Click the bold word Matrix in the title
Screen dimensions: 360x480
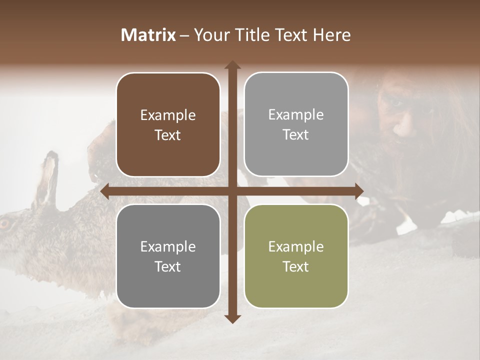(148, 35)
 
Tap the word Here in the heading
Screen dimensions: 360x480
(331, 35)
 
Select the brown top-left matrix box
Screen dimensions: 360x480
(168, 124)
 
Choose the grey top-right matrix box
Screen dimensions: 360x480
(296, 124)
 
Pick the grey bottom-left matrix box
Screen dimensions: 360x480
(168, 256)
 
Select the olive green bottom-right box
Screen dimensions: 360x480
(296, 256)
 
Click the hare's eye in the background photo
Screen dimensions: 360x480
(5, 224)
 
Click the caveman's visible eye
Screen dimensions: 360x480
(396, 102)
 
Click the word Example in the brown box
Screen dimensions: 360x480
(168, 115)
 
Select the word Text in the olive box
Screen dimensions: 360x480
(296, 266)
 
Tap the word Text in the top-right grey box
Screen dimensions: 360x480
(296, 135)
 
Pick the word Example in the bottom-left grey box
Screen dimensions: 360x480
(168, 246)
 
